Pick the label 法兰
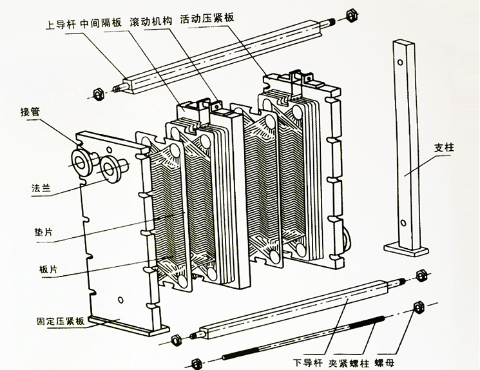click(41, 188)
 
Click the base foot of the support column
click(403, 248)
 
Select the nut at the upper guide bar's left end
click(92, 94)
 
